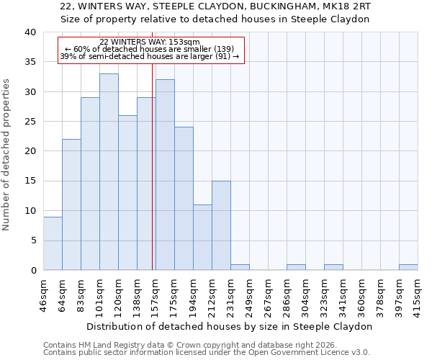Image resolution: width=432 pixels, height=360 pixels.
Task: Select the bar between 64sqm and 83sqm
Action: (x=71, y=204)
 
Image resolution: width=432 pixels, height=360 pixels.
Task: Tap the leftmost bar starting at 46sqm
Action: (x=53, y=243)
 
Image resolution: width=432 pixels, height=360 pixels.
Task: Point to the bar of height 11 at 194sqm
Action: (x=202, y=238)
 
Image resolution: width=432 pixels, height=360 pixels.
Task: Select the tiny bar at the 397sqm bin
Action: (x=408, y=267)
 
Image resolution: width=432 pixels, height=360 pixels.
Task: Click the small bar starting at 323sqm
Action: (x=333, y=267)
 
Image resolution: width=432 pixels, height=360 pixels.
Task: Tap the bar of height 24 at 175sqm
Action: (x=184, y=199)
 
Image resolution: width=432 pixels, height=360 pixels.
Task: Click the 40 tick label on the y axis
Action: (x=30, y=32)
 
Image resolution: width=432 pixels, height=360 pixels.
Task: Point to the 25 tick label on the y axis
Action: (x=30, y=122)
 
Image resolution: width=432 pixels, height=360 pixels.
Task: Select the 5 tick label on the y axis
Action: (x=33, y=240)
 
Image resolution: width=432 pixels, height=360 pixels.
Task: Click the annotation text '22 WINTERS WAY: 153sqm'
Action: (x=150, y=42)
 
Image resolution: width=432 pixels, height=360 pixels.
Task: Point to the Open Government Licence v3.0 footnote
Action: (x=207, y=352)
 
